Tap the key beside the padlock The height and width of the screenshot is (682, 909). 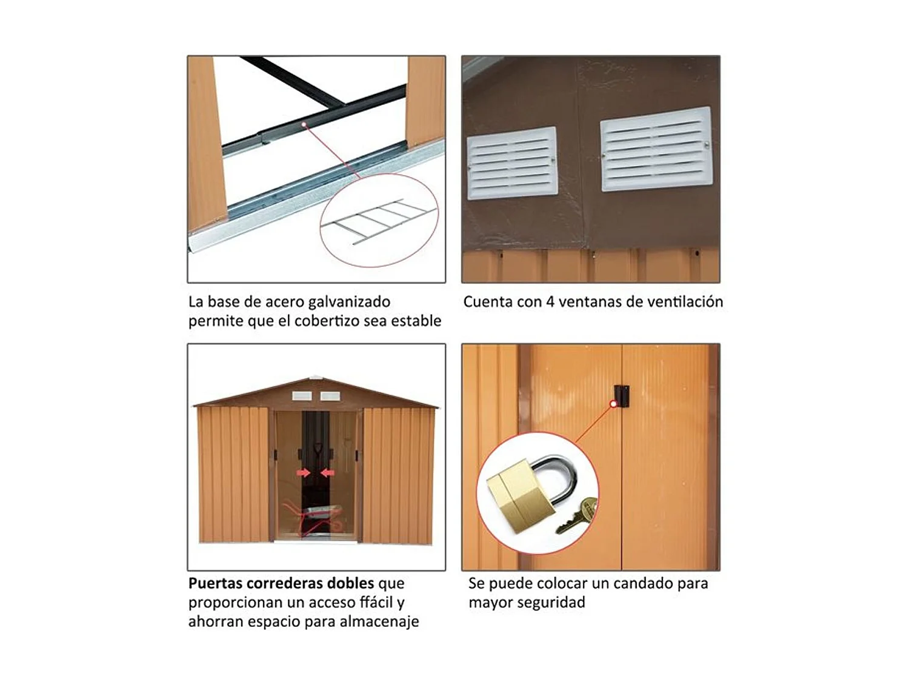pos(576,515)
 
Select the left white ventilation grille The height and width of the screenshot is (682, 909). pos(512,163)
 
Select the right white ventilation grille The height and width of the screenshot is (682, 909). pos(656,149)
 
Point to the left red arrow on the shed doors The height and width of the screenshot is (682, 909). pos(304,472)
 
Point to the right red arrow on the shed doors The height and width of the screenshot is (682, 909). pos(328,472)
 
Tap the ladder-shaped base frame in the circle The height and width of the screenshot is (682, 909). pos(379,221)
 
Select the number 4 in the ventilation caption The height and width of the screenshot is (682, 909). pos(550,302)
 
